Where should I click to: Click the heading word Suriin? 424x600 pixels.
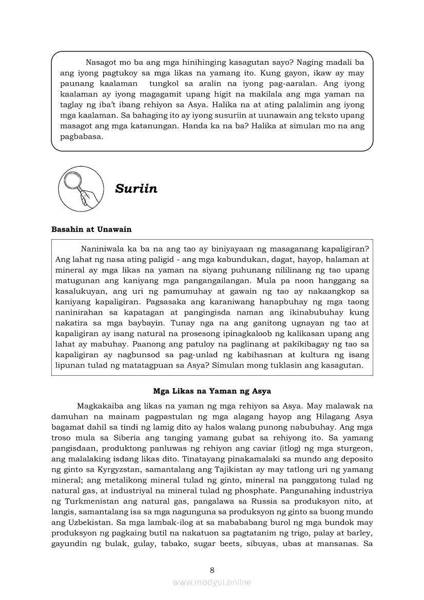[136, 189]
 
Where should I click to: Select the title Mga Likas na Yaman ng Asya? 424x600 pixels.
[212, 391]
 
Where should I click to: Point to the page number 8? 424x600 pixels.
[212, 570]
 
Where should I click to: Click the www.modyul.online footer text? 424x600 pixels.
[212, 582]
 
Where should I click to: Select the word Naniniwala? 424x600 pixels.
[104, 249]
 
